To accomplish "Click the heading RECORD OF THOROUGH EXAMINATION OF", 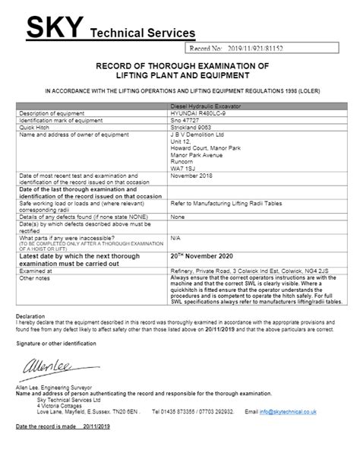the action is (179, 67).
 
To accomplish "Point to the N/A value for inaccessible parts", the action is (175, 236).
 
